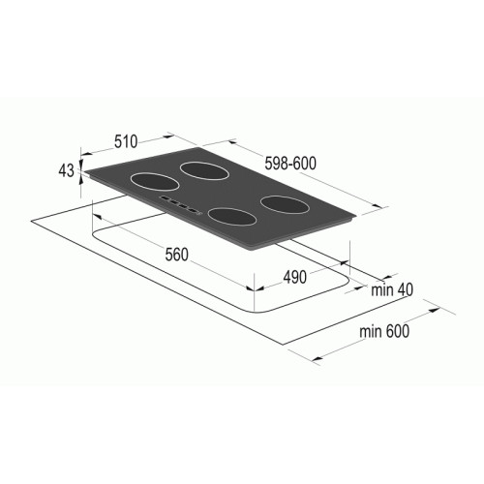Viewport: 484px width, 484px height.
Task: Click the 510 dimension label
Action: point(126,141)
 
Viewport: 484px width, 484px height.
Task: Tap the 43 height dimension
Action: point(66,170)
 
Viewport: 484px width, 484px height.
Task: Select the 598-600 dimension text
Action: point(290,163)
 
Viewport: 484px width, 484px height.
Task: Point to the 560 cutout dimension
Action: point(176,255)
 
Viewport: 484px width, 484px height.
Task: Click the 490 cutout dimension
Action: point(294,277)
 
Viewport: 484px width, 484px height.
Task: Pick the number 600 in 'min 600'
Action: point(397,331)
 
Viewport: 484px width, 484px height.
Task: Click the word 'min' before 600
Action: point(371,331)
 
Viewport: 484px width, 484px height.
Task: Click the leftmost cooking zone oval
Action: point(155,182)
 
